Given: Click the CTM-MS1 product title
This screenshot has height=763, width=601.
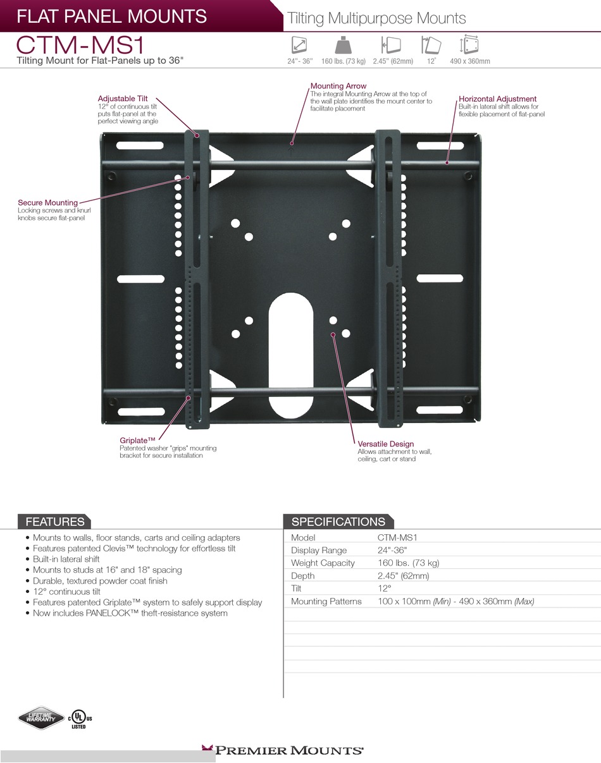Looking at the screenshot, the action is coord(80,45).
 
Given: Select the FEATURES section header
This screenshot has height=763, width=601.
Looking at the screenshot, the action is coord(54,522).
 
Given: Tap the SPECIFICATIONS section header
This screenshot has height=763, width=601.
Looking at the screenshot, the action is coord(338,522).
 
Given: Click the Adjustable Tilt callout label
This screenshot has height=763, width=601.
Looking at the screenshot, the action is coord(123,99).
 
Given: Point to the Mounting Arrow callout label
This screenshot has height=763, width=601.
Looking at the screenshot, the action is coord(338,86).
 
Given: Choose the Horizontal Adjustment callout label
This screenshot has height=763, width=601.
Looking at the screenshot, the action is coord(497,99).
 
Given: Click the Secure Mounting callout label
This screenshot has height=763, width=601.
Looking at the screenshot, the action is coord(47,203).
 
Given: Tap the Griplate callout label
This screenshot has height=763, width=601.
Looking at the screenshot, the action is coord(138,440).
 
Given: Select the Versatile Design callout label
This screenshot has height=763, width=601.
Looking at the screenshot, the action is coord(386,444).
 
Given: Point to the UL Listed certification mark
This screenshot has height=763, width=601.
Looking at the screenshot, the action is coord(79,718).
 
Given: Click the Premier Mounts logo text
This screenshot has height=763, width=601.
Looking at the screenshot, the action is coord(288,751).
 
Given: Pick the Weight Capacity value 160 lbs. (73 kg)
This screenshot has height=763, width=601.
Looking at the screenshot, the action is coord(408,563).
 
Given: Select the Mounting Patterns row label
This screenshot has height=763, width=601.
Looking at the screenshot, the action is coord(326,601).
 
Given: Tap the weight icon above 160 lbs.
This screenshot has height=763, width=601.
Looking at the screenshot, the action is coord(343,46).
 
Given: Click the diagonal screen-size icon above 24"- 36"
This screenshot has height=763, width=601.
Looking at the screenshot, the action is coord(299,46).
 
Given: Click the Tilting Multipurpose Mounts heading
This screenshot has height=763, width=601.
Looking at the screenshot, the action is coord(376,18).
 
